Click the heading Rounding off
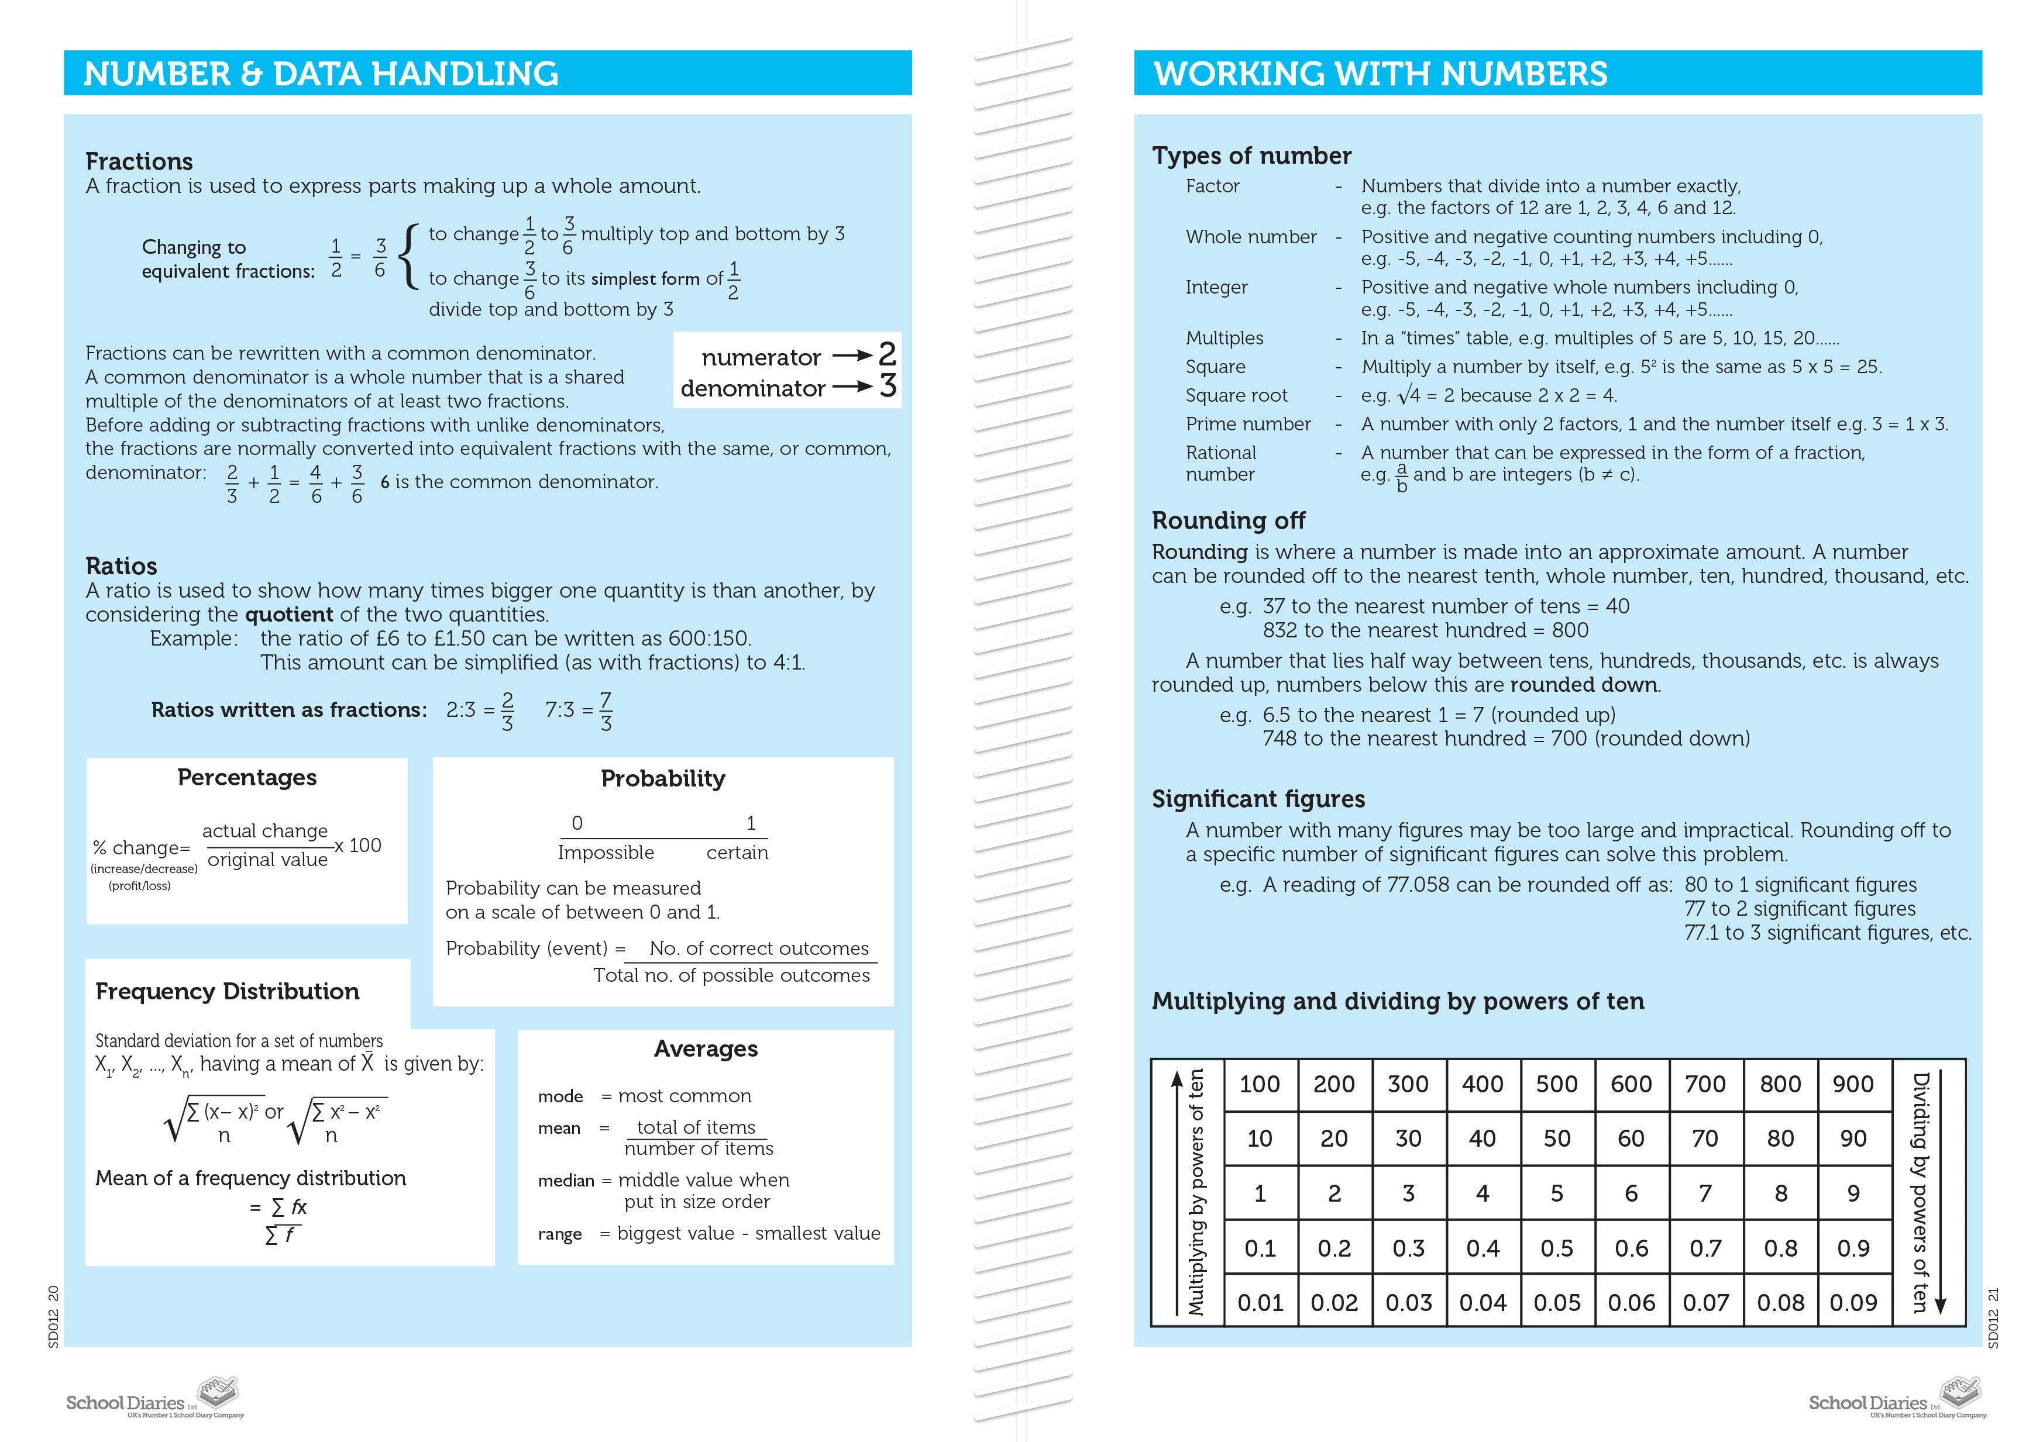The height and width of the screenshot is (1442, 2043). click(x=1228, y=520)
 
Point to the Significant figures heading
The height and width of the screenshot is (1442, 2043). click(x=1258, y=799)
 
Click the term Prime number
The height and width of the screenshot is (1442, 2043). click(x=1247, y=425)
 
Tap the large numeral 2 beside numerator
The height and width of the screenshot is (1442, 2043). click(x=886, y=355)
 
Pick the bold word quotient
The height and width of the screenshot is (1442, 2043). click(x=288, y=615)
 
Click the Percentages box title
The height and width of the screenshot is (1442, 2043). click(x=246, y=778)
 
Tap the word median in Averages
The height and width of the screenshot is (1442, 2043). click(x=566, y=1181)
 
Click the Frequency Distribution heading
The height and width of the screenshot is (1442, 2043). click(x=227, y=992)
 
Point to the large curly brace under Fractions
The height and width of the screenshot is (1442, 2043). click(x=408, y=256)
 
